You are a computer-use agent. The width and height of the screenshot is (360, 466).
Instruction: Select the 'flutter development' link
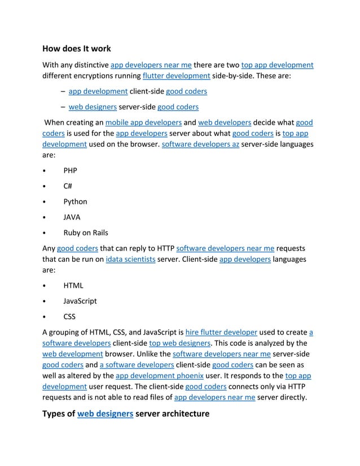click(x=177, y=76)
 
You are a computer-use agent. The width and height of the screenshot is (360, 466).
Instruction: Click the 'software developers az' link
click(x=200, y=144)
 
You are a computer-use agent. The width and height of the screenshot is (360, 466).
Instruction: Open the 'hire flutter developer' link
click(x=221, y=332)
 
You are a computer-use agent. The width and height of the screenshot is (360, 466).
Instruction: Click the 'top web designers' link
click(x=180, y=343)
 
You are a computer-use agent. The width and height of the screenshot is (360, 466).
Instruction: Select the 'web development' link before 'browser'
click(x=72, y=354)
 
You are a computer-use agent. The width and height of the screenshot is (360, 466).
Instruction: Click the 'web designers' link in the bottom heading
click(x=105, y=414)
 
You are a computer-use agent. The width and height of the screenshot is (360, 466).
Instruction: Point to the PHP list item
click(x=70, y=170)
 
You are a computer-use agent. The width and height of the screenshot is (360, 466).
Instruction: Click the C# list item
click(x=68, y=186)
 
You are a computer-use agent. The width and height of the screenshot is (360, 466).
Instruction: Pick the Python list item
click(x=75, y=201)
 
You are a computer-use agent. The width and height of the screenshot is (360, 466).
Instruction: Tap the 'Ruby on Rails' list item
click(x=86, y=232)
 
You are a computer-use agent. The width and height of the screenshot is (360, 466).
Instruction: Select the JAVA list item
click(x=72, y=217)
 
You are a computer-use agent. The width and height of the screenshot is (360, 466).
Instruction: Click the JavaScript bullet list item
click(x=80, y=301)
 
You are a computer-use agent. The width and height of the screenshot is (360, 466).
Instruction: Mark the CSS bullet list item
click(x=69, y=316)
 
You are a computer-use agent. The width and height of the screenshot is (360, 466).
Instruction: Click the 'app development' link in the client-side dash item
click(x=98, y=91)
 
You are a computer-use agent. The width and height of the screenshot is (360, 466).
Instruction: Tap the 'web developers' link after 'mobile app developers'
click(x=225, y=122)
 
